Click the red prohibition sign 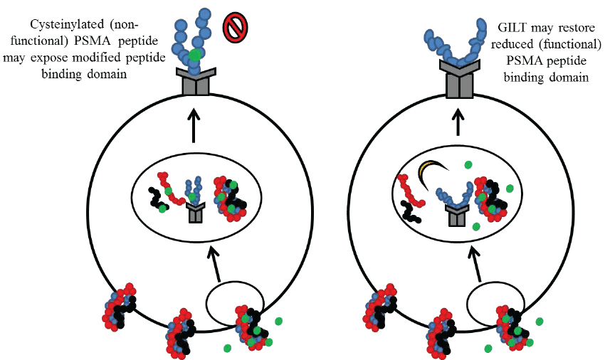pos(234,28)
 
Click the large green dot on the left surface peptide pos(194,54)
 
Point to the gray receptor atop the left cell pos(196,83)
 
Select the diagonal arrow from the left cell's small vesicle pos(214,264)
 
